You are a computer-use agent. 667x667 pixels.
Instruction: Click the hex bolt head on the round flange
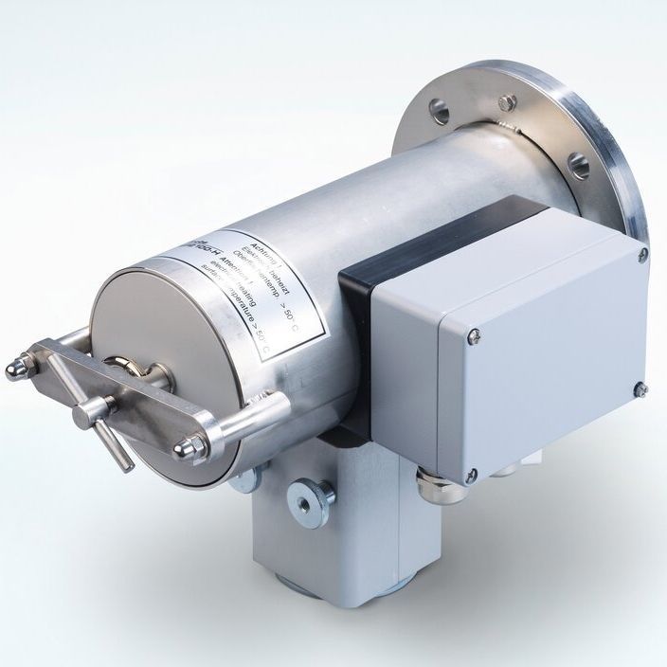[508, 101]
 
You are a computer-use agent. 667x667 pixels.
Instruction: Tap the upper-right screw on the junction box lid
[642, 254]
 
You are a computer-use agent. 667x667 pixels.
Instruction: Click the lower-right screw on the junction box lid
[640, 389]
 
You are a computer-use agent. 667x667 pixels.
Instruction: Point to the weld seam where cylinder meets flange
[507, 142]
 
